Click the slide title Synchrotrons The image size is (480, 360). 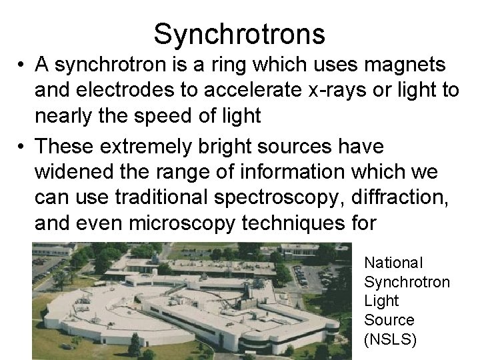[x=239, y=34]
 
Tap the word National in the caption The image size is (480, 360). [x=393, y=264]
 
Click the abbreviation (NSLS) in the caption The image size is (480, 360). [x=391, y=340]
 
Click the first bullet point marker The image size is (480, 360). [x=23, y=67]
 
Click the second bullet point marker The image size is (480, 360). [x=23, y=144]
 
